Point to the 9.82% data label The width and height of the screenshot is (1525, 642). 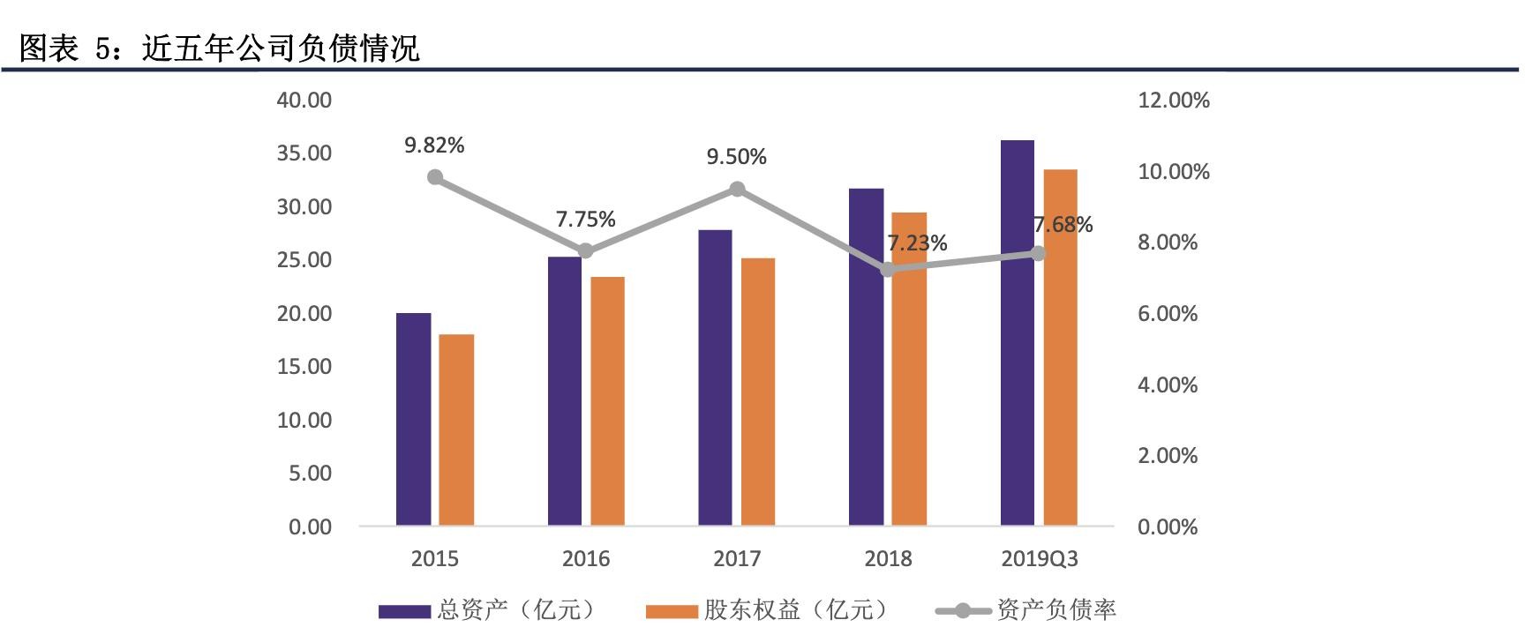point(434,146)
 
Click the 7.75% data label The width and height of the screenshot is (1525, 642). point(585,219)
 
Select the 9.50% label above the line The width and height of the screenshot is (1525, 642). point(736,157)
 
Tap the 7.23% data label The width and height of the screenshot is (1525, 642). point(918,243)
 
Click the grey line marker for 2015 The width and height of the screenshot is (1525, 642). point(435,177)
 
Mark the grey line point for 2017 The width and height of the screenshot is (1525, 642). point(737,189)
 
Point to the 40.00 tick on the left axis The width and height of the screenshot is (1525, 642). point(304,100)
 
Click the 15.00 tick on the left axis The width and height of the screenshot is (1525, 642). point(304,367)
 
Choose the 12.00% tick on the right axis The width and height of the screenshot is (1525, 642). point(1174,101)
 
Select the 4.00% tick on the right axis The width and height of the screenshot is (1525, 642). point(1168,384)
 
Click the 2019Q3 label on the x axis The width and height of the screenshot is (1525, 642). point(1040,559)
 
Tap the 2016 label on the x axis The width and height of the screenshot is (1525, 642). point(586,559)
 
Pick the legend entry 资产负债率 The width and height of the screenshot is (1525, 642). point(1055,610)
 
